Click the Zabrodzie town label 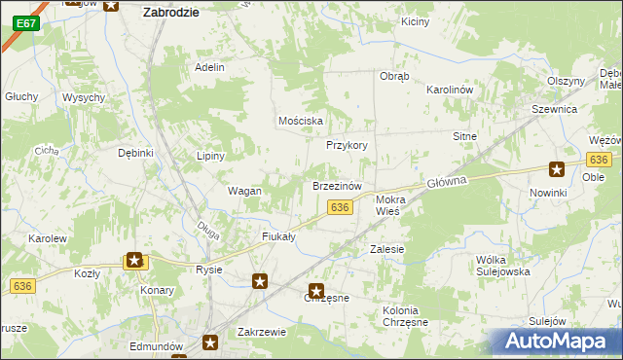tap(170, 13)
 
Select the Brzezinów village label tap(337, 185)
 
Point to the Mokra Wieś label tap(394, 203)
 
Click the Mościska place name tap(300, 121)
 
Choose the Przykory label tap(346, 145)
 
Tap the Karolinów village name tap(449, 90)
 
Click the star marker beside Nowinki tap(557, 169)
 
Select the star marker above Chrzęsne tap(316, 289)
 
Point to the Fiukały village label tap(278, 236)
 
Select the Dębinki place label tap(136, 153)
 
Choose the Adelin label tap(209, 67)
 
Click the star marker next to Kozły tap(134, 260)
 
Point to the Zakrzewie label tap(261, 332)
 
